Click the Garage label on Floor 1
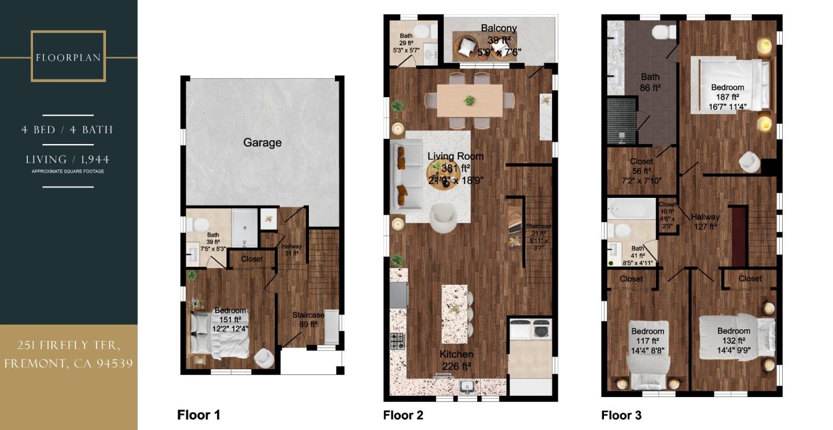tap(262, 142)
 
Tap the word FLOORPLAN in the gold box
tap(68, 58)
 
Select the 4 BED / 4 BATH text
tap(67, 130)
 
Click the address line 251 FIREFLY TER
tap(68, 346)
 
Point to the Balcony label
tap(499, 28)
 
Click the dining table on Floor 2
tap(469, 101)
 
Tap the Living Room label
tap(455, 156)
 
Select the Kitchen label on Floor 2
tap(456, 354)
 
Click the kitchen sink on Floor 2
tap(466, 385)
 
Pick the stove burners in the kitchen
tap(397, 341)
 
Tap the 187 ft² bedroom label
tap(727, 87)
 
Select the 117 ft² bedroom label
tap(647, 332)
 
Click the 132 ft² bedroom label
tap(734, 331)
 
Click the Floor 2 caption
tap(403, 415)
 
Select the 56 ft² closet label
tap(642, 162)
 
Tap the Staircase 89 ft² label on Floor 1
tap(308, 315)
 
